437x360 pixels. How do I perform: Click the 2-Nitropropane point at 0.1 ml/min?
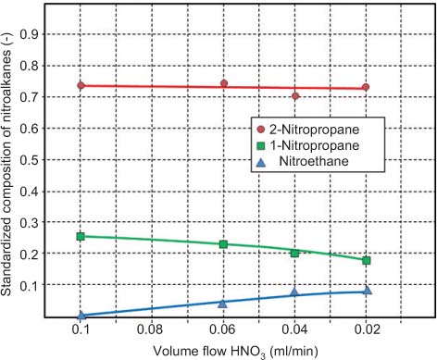pos(81,85)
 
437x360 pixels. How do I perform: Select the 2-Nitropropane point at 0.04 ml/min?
pos(295,95)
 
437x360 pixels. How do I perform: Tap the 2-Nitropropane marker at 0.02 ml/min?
pos(367,87)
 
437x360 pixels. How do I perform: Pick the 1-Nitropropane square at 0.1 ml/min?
pos(81,236)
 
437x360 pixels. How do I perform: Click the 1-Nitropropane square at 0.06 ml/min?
pos(223,243)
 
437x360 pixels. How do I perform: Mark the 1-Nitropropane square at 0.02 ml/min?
pos(367,260)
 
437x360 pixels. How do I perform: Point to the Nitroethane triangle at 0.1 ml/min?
pos(81,315)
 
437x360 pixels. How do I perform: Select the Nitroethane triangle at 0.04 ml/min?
pos(295,292)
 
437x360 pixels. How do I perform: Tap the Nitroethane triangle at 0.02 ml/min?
pos(367,290)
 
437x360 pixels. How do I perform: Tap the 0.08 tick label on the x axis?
pos(152,330)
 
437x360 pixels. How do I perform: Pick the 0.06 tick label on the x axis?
pos(223,330)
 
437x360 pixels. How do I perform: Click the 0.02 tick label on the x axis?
pos(367,330)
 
